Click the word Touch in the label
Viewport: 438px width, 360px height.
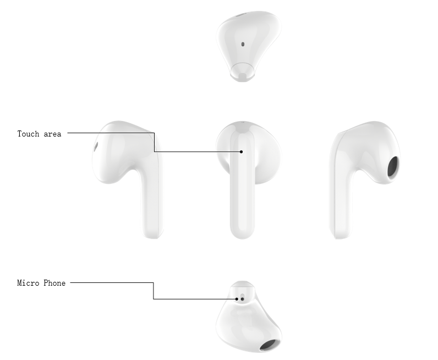pyautogui.click(x=28, y=134)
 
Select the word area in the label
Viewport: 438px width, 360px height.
pyautogui.click(x=52, y=134)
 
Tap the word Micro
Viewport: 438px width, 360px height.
pyautogui.click(x=28, y=283)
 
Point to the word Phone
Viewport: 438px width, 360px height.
pyautogui.click(x=54, y=283)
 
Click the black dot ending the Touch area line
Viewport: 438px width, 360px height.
pyautogui.click(x=242, y=152)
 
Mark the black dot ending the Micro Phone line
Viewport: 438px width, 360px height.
pyautogui.click(x=237, y=299)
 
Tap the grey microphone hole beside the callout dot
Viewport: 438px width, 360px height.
pyautogui.click(x=242, y=299)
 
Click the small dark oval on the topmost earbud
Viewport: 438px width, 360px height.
pyautogui.click(x=243, y=44)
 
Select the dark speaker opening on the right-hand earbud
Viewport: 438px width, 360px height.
pyautogui.click(x=393, y=167)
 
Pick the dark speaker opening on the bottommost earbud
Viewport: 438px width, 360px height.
pyautogui.click(x=270, y=345)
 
